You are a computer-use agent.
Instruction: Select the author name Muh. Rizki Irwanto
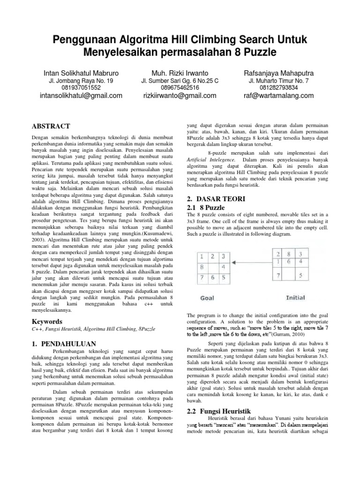coord(180,73)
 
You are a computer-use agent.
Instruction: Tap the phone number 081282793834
coord(278,88)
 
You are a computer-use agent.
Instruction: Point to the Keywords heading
coord(47,322)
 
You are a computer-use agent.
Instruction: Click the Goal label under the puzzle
coord(207,298)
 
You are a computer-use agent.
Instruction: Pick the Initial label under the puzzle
coord(296,298)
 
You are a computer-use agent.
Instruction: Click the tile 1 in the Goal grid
coord(201,256)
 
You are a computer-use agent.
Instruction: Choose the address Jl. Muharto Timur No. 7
coord(278,81)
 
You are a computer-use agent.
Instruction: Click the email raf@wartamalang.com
coord(278,96)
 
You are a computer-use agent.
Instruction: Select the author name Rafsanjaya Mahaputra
coord(278,73)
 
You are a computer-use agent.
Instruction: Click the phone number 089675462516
coord(180,88)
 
